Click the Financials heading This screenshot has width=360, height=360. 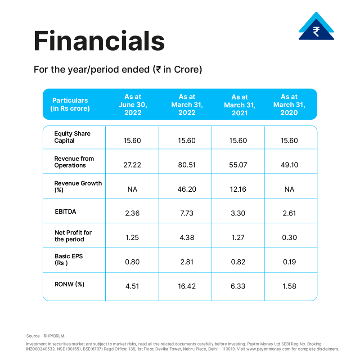[99, 41]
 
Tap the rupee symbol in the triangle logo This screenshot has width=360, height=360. [316, 31]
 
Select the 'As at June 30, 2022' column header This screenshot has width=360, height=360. [133, 105]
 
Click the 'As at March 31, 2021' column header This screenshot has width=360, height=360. [240, 105]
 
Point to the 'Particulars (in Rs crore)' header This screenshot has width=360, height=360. [70, 104]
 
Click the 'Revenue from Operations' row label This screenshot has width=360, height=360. [74, 162]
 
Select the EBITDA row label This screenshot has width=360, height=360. [65, 211]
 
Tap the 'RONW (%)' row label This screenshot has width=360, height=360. [69, 284]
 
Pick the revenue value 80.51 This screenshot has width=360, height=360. [187, 165]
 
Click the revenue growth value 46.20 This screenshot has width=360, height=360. [187, 189]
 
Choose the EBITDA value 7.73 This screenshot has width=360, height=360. [187, 213]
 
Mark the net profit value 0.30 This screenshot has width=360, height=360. [289, 238]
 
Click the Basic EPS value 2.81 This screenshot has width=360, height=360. [187, 262]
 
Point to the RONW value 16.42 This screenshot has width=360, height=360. [187, 286]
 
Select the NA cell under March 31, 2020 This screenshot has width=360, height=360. [289, 189]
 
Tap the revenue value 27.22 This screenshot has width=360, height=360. [132, 165]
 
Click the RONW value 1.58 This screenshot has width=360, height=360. [289, 286]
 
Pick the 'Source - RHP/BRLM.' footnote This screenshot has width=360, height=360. [46, 336]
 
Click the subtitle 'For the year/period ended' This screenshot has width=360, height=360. [92, 70]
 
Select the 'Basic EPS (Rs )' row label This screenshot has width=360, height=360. [69, 260]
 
